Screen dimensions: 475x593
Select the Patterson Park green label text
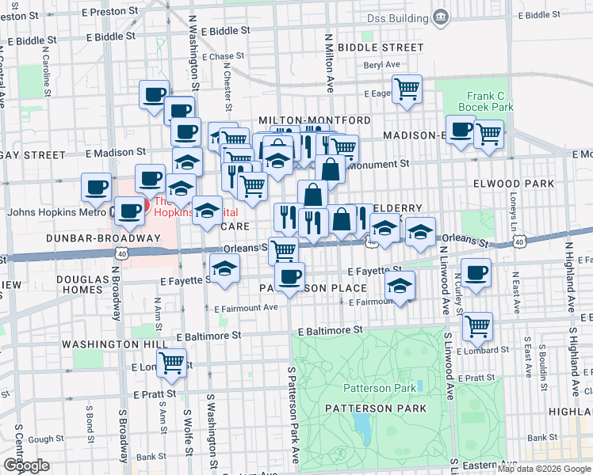tap(379, 388)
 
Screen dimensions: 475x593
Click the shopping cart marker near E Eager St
tap(407, 89)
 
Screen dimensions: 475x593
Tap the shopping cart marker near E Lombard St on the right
tap(477, 325)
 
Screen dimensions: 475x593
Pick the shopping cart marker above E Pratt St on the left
tap(171, 363)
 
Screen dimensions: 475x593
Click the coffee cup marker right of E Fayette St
tap(476, 273)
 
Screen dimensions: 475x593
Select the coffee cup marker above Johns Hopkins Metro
tap(97, 187)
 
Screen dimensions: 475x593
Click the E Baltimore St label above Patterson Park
tap(330, 329)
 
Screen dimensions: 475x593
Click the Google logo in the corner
tap(26, 465)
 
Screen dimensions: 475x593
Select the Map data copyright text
tap(544, 469)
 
